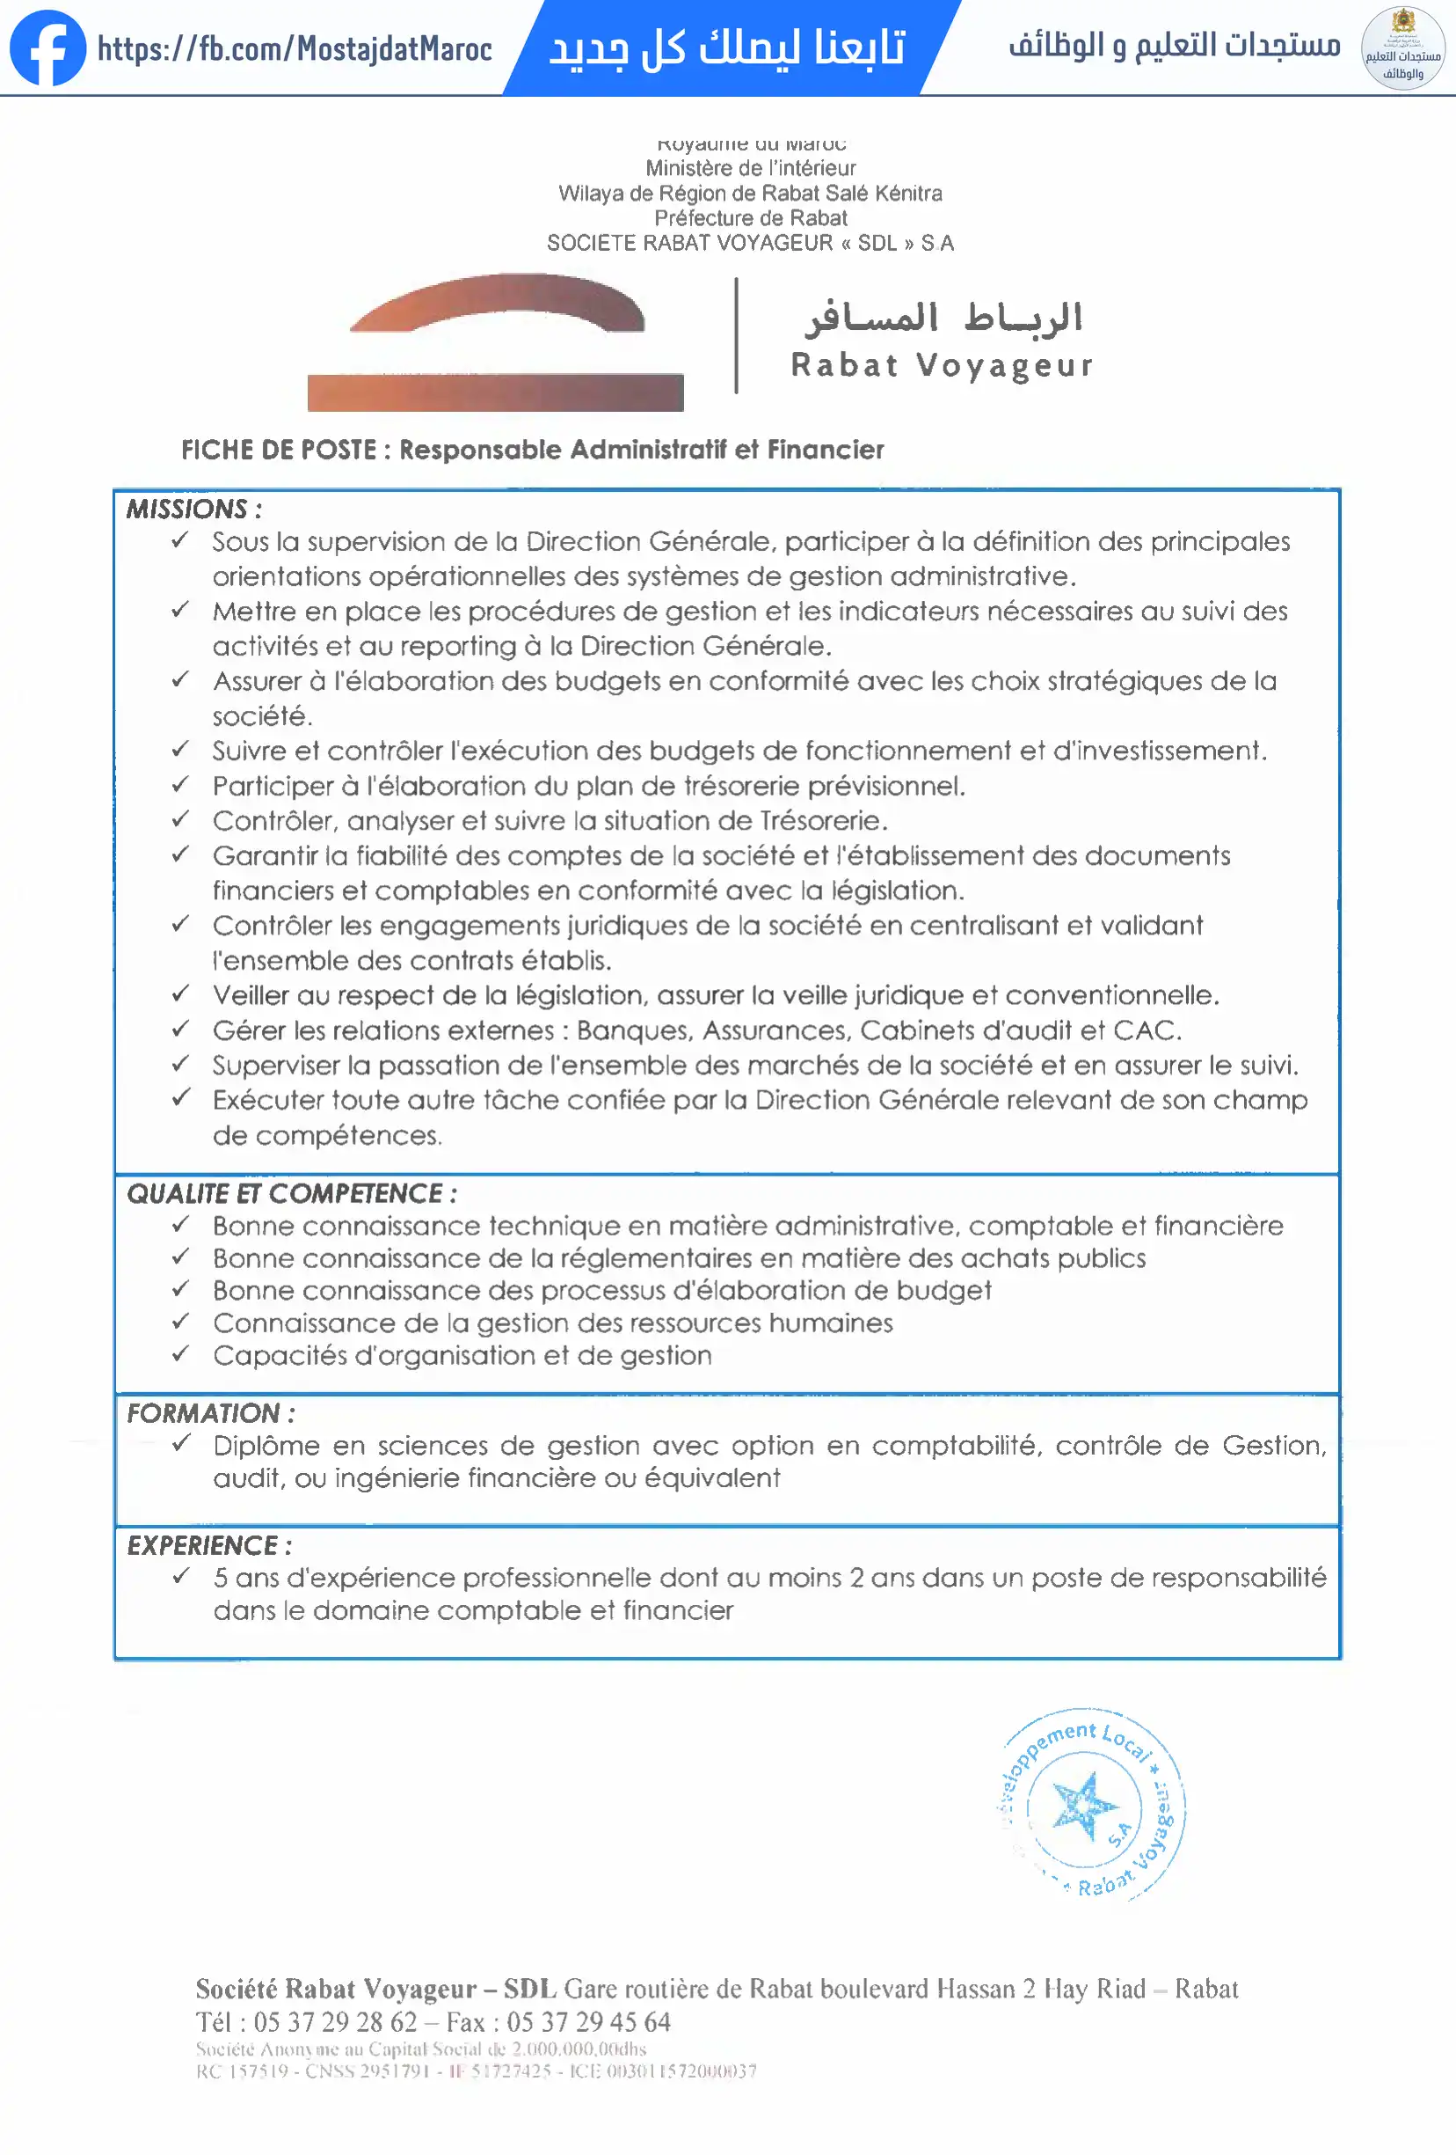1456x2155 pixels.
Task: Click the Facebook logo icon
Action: tap(47, 48)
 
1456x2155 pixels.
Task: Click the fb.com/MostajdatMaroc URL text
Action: tap(295, 48)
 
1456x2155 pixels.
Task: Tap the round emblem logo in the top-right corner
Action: tap(1402, 48)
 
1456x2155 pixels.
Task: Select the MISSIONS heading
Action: tap(193, 509)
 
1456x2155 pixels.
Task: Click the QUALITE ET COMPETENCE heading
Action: tap(291, 1193)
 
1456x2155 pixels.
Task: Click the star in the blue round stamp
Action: tap(1083, 1805)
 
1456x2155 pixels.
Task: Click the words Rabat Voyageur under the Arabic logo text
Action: tap(942, 365)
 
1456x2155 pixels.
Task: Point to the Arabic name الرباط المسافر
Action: tap(943, 318)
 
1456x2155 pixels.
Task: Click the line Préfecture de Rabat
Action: tap(751, 218)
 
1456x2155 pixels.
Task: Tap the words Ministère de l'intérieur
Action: tap(751, 168)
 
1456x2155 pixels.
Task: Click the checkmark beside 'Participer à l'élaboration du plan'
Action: tap(181, 785)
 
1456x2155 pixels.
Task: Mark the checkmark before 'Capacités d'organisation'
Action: tap(181, 1354)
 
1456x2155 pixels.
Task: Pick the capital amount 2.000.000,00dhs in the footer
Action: tap(579, 2049)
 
